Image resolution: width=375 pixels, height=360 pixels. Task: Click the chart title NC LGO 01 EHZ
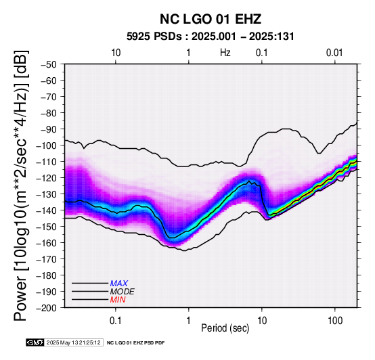point(211,19)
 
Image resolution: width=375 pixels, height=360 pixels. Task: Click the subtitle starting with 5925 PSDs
point(211,37)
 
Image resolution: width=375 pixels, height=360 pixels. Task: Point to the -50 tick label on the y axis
point(48,64)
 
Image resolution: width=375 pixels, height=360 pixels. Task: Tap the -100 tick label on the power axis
point(46,145)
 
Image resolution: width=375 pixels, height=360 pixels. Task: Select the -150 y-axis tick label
point(46,227)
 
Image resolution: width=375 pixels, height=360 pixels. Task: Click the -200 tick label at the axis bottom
point(46,308)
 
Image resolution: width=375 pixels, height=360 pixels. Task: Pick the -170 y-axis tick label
point(46,259)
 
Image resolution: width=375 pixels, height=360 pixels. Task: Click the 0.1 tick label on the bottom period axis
point(116,321)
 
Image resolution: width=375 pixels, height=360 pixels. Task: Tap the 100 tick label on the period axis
point(335,321)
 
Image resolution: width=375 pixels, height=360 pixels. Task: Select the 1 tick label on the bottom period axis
point(189,321)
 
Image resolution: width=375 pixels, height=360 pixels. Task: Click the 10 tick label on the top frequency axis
point(116,53)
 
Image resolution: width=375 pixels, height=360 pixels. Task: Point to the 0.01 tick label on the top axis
point(334,53)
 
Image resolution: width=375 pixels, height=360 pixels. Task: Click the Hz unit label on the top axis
point(225,53)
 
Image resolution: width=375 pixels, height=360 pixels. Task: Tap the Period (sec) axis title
point(225,328)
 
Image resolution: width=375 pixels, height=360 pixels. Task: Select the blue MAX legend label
point(119,284)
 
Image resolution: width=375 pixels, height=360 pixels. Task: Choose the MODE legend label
point(123,292)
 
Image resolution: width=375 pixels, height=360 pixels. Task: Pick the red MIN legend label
point(118,300)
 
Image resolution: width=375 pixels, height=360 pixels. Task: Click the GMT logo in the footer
point(35,342)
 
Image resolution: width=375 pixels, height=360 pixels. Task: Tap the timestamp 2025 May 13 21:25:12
point(74,342)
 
